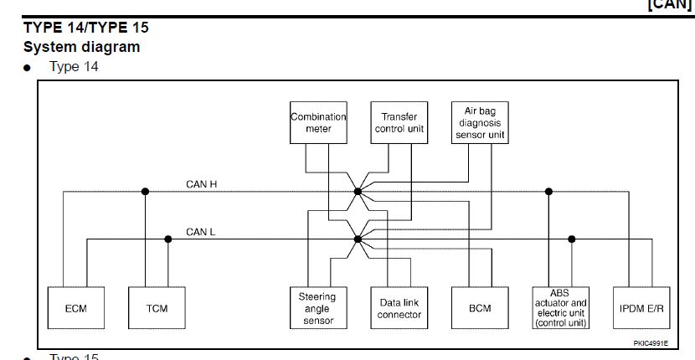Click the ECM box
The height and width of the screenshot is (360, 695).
[x=76, y=308]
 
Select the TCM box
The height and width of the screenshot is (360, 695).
[x=157, y=308]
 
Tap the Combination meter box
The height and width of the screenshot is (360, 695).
[x=318, y=123]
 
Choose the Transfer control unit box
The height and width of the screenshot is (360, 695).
[x=399, y=123]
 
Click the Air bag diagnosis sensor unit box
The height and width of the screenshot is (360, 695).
[x=480, y=122]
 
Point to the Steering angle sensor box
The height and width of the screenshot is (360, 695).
[x=317, y=308]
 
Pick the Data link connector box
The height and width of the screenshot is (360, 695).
[x=399, y=308]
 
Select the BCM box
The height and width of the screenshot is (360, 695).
[x=480, y=308]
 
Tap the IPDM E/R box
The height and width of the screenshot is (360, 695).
[x=641, y=308]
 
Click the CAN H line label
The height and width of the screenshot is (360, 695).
[x=202, y=183]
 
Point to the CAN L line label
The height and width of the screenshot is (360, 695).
[x=201, y=232]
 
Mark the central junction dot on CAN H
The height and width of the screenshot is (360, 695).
[x=358, y=192]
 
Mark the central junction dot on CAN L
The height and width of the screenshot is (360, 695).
[x=358, y=239]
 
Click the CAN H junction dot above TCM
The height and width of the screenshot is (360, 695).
[x=145, y=192]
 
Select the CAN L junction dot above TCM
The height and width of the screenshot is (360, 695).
[x=168, y=239]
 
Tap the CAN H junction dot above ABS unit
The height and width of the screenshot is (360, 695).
[x=549, y=192]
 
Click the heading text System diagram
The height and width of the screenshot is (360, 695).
[x=81, y=47]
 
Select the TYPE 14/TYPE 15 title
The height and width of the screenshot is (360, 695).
[x=86, y=27]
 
